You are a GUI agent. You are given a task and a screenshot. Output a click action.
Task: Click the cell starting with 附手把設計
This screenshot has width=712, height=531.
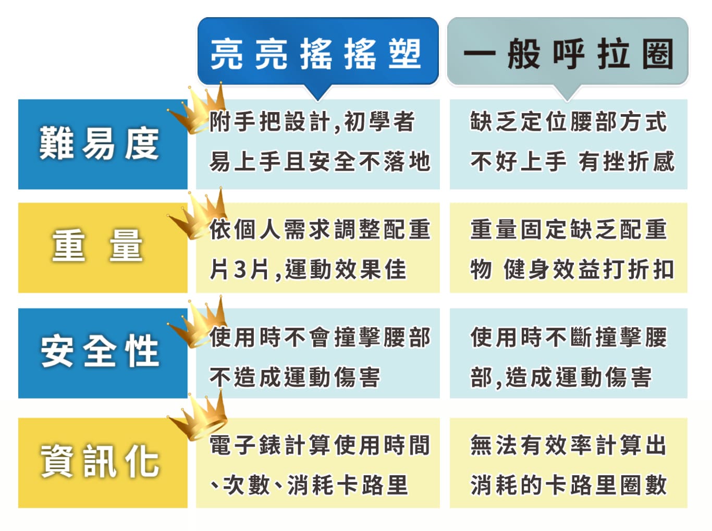click(318, 144)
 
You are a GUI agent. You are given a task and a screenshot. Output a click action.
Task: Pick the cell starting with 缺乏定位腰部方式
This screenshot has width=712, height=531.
click(568, 144)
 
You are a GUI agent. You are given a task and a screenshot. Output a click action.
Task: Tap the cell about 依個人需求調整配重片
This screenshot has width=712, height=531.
click(318, 248)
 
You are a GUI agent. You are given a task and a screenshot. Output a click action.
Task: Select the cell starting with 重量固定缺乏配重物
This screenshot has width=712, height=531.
click(568, 248)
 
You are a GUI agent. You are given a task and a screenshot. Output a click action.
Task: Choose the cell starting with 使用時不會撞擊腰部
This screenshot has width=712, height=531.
click(318, 353)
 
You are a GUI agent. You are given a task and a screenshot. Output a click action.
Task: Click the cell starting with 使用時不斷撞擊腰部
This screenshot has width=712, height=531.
click(568, 353)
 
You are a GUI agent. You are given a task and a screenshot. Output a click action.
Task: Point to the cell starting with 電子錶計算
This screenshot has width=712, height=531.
click(318, 463)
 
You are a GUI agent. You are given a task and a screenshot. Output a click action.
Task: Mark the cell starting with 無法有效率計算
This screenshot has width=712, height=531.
click(568, 463)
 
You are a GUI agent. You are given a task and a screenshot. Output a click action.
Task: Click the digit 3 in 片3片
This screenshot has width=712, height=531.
click(240, 269)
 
